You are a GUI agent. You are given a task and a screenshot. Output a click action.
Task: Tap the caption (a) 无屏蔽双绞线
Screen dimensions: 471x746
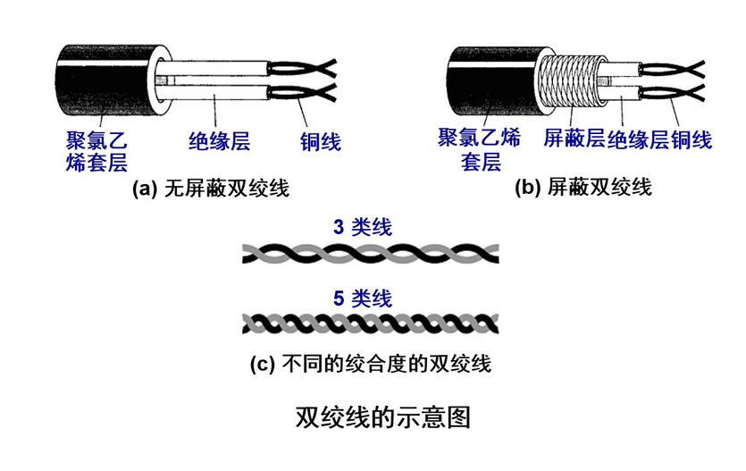click(211, 189)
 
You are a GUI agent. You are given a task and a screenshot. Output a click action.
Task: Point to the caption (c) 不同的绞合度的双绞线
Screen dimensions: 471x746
click(371, 365)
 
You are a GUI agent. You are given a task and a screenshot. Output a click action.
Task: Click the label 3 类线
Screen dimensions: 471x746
click(362, 228)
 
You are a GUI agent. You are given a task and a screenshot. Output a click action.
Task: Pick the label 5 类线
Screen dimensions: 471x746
click(362, 299)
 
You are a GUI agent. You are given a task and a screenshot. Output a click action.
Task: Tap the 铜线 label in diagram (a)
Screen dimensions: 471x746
click(320, 141)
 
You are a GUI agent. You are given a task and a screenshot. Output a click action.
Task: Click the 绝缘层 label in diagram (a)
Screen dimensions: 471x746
click(219, 141)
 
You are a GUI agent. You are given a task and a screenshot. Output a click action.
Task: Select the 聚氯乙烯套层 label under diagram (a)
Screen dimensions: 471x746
click(96, 151)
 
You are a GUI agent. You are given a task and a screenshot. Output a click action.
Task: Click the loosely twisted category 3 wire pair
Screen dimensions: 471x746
click(371, 253)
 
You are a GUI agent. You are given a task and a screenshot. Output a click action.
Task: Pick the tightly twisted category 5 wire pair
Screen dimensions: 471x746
click(371, 323)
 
